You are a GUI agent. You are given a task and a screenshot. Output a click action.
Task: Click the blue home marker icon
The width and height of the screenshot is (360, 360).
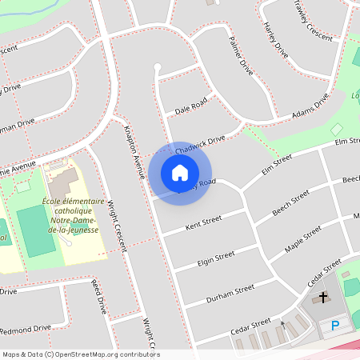click(180, 173)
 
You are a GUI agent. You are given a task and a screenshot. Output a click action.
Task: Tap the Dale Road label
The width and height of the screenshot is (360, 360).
click(190, 105)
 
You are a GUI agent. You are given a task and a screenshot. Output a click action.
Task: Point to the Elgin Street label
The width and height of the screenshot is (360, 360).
click(215, 259)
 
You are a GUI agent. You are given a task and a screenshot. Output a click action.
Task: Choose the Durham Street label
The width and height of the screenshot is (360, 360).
click(230, 293)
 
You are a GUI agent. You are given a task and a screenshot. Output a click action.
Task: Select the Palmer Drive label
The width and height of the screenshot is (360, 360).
click(240, 56)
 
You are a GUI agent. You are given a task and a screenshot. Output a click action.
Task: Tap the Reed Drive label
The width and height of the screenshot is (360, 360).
click(98, 296)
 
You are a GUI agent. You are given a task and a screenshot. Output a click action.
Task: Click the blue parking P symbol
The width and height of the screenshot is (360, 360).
click(335, 326)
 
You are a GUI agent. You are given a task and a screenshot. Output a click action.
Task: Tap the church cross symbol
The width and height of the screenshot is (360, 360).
click(323, 298)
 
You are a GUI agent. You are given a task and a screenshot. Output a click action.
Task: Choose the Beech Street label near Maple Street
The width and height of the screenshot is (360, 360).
click(290, 205)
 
